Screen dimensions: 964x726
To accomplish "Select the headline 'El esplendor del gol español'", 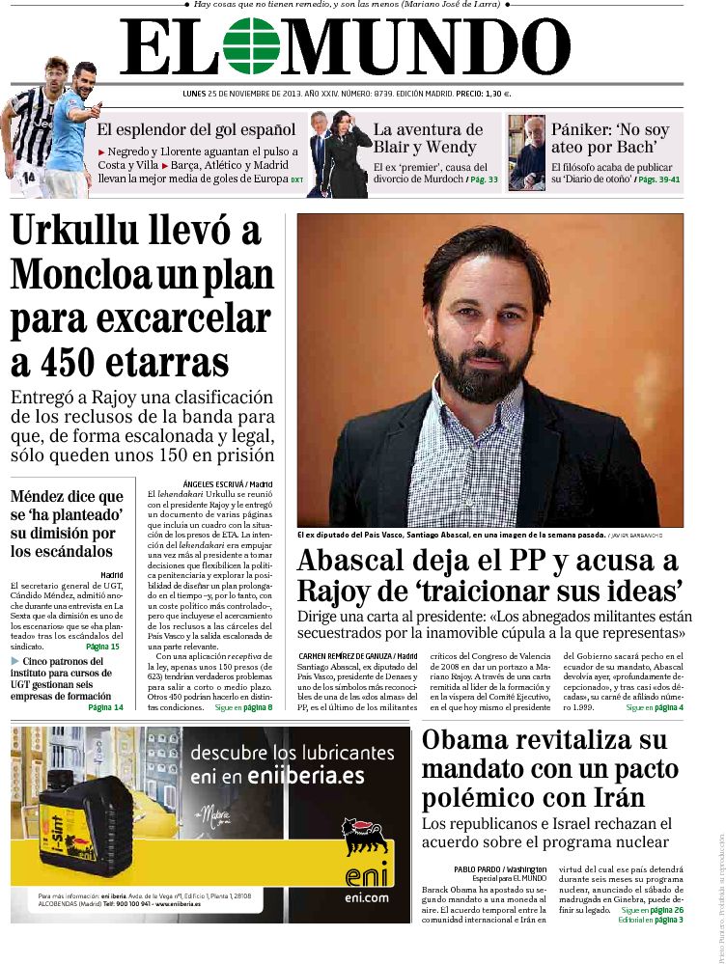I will [196, 129].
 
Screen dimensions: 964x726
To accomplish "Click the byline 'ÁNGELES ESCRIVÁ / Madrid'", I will [227, 483].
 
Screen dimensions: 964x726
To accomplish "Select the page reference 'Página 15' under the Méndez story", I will [102, 646].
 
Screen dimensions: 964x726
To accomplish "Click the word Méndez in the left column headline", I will [40, 496].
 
